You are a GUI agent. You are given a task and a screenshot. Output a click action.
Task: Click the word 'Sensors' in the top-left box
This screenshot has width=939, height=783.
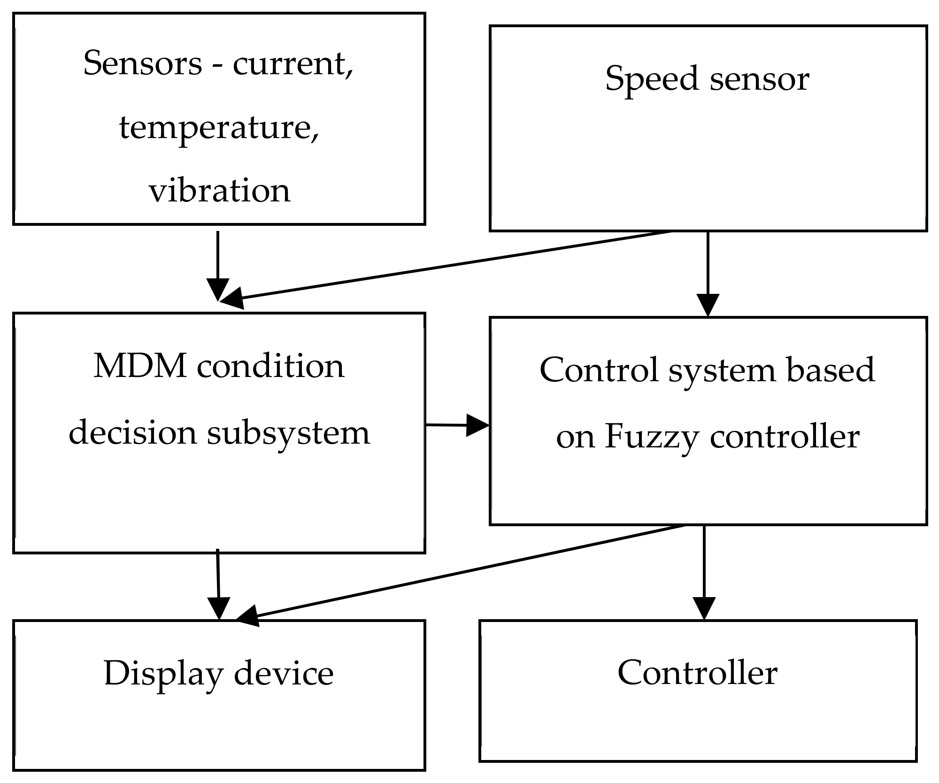tap(142, 63)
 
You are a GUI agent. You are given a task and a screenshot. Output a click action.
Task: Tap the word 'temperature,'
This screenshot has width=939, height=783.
tap(219, 128)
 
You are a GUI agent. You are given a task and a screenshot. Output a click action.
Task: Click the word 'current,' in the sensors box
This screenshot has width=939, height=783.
tap(293, 63)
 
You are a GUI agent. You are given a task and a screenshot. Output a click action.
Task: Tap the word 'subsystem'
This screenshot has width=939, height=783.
tap(288, 433)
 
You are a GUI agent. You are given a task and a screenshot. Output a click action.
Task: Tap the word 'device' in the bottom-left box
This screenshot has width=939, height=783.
tap(284, 674)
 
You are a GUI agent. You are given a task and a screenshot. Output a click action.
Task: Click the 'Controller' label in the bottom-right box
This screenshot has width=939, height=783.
tap(698, 673)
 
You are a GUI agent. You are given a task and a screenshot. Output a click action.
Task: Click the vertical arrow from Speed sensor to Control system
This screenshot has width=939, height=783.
tap(708, 272)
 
